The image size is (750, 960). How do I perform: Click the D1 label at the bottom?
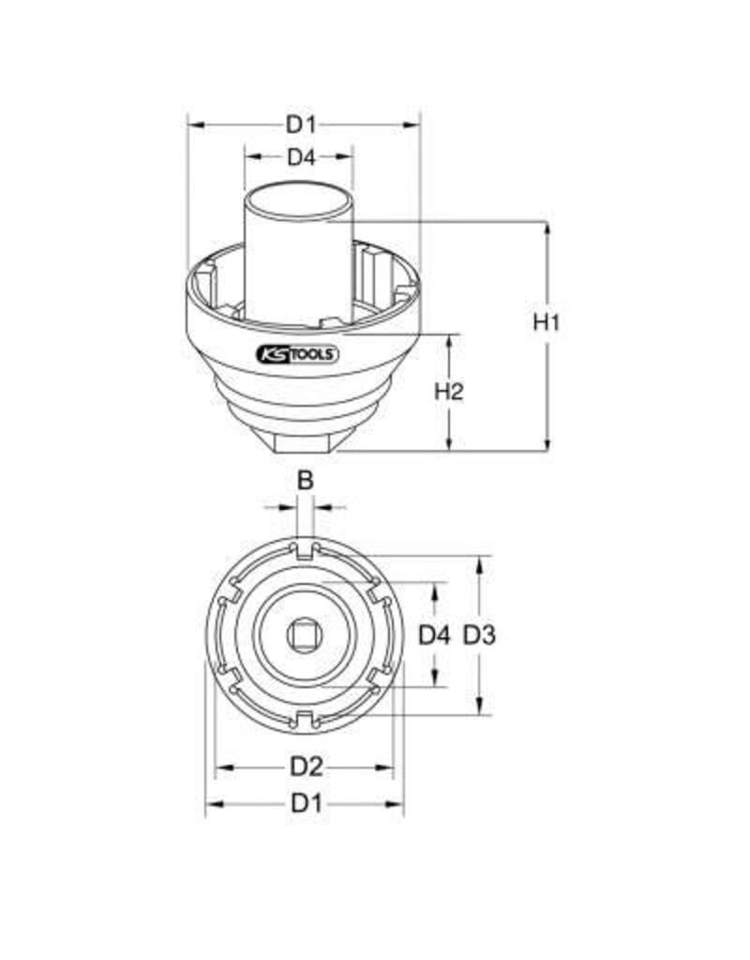pyautogui.click(x=306, y=802)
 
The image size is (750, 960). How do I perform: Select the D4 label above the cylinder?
pyautogui.click(x=300, y=157)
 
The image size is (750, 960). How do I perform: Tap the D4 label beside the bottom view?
pyautogui.click(x=434, y=637)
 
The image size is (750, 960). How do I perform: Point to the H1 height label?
pyautogui.click(x=547, y=322)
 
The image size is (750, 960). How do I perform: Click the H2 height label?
pyautogui.click(x=450, y=392)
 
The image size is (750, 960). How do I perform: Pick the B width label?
pyautogui.click(x=305, y=480)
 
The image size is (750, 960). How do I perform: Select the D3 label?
pyautogui.click(x=479, y=637)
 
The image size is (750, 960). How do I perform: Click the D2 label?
pyautogui.click(x=306, y=767)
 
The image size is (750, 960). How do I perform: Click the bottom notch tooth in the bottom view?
pyautogui.click(x=304, y=720)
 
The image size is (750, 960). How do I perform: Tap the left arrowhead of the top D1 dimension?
pyautogui.click(x=195, y=124)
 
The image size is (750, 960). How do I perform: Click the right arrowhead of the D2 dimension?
pyautogui.click(x=387, y=768)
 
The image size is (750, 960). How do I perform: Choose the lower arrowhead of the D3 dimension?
pyautogui.click(x=479, y=709)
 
